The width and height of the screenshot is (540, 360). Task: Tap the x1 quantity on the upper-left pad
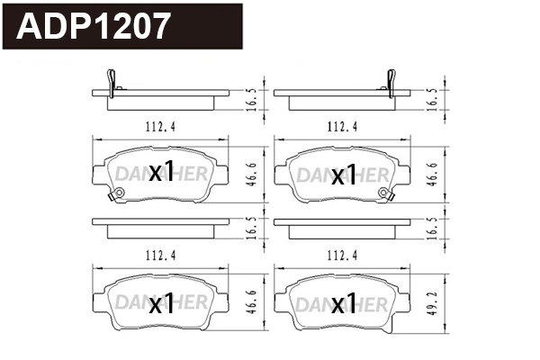(160, 173)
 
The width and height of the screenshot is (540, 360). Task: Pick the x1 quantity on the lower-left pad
(160, 303)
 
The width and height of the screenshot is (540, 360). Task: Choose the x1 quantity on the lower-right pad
(344, 303)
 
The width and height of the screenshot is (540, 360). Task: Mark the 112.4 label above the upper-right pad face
(342, 126)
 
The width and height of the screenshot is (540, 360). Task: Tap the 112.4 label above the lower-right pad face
(342, 255)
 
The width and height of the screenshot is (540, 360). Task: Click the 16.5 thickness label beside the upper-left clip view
(253, 97)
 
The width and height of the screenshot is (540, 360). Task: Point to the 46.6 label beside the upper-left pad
(253, 172)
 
